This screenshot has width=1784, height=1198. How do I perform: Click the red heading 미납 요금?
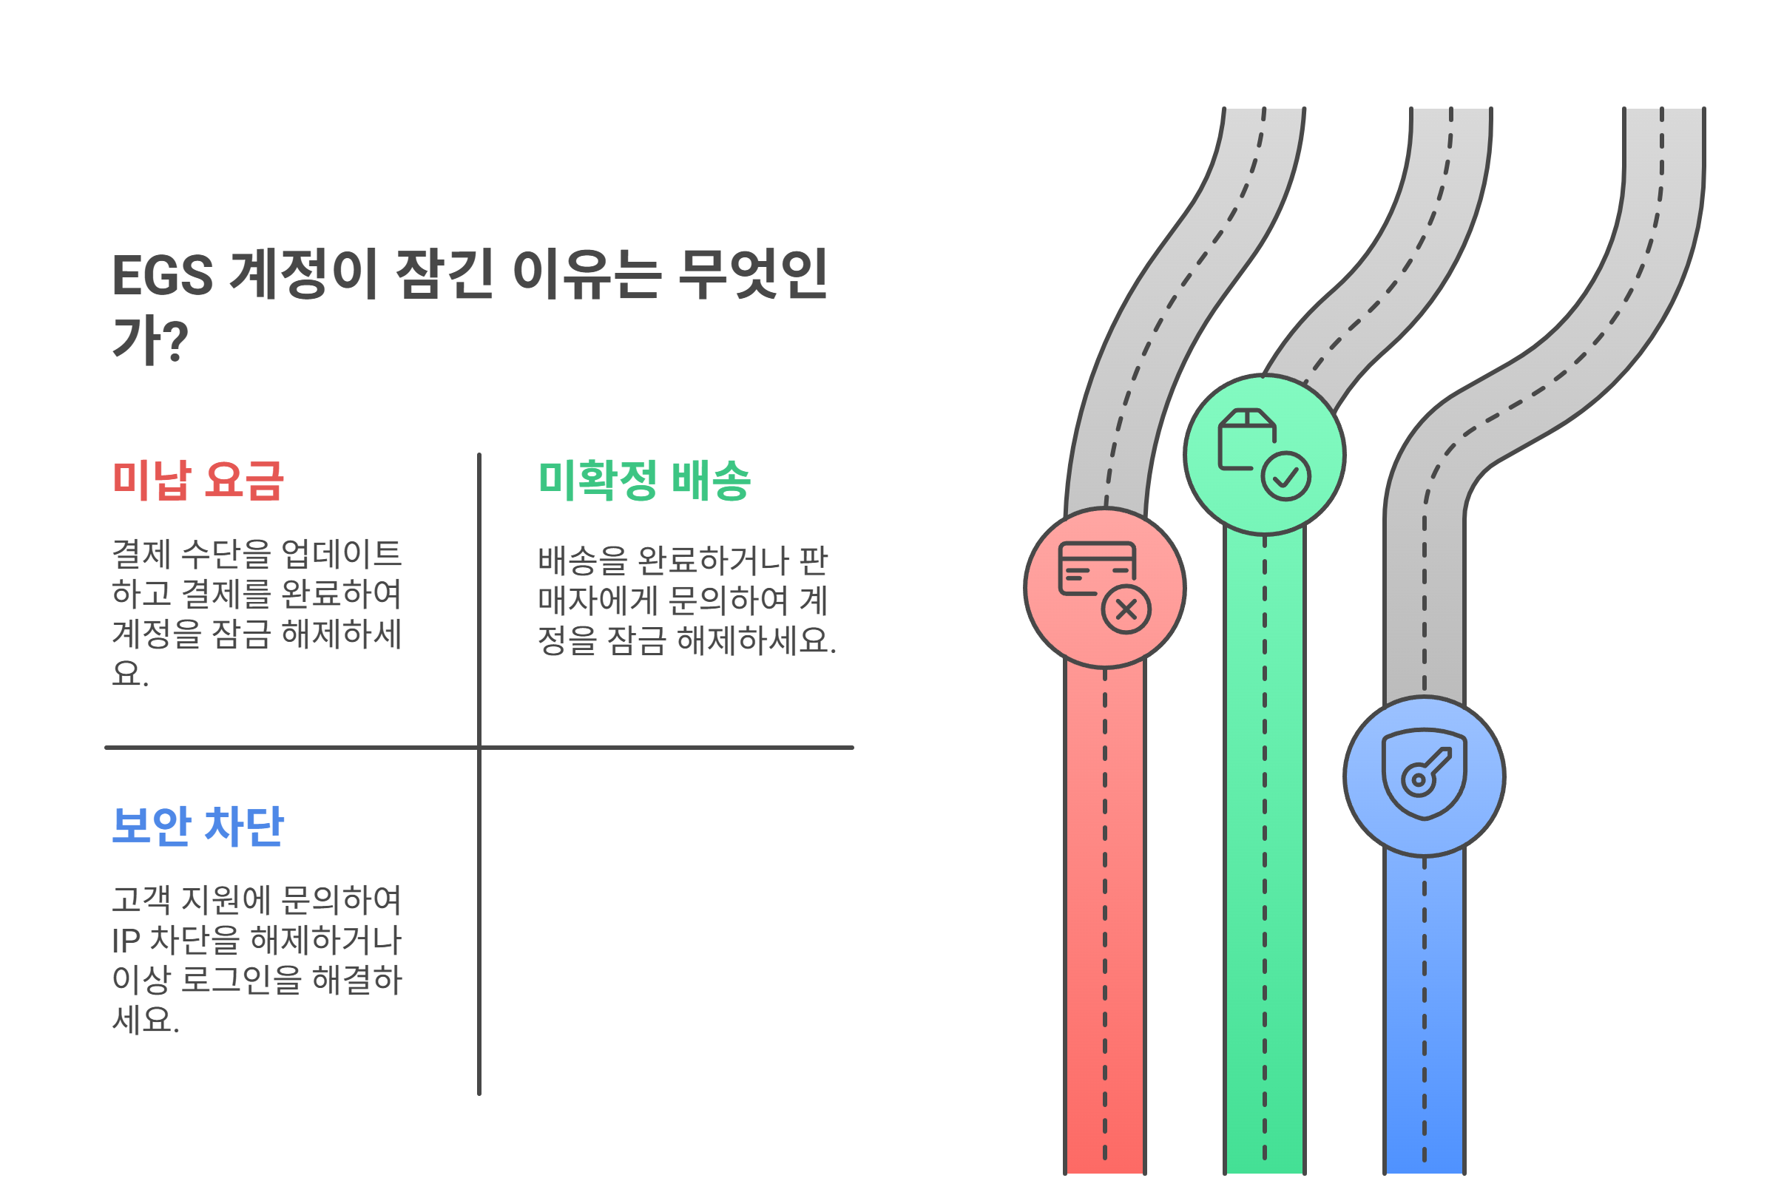(x=198, y=481)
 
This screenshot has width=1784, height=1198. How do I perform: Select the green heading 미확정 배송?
(x=644, y=481)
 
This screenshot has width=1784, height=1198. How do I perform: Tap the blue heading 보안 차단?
(x=198, y=826)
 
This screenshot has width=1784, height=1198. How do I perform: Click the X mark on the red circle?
(x=1126, y=609)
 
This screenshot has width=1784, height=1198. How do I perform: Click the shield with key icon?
(x=1423, y=774)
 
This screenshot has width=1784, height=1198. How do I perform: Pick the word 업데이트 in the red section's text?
(x=341, y=554)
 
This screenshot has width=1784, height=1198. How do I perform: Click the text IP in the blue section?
(x=125, y=941)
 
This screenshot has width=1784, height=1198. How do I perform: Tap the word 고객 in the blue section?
(x=141, y=900)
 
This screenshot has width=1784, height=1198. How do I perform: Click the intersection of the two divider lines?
(x=479, y=747)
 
